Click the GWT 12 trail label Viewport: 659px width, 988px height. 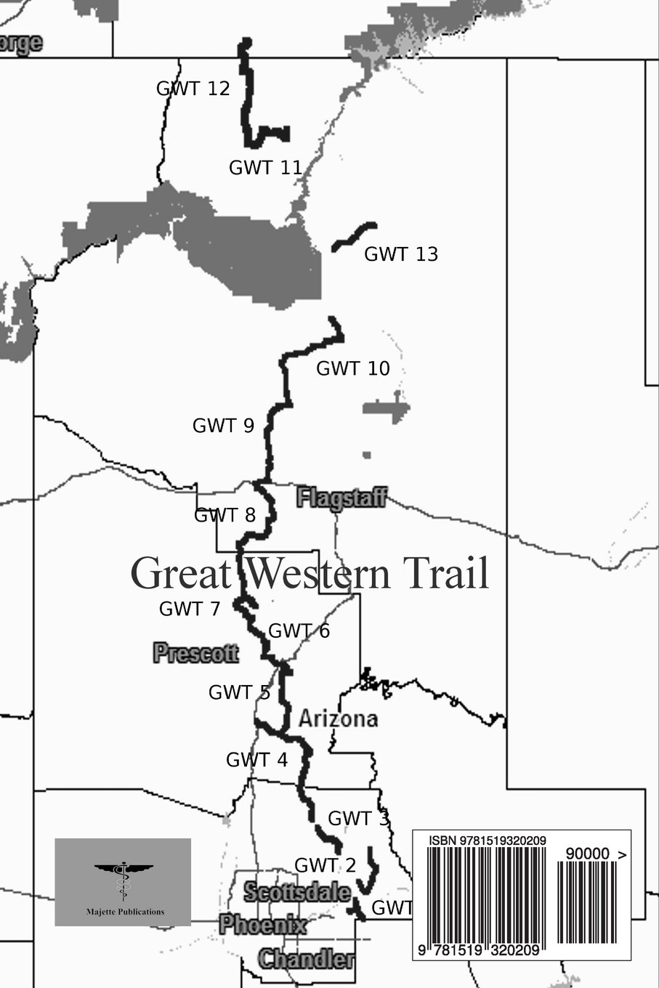click(x=193, y=89)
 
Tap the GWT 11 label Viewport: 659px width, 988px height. click(x=265, y=168)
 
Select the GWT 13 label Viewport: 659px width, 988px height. click(x=401, y=254)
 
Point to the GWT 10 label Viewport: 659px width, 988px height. click(x=353, y=368)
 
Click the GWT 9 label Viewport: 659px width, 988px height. click(x=223, y=426)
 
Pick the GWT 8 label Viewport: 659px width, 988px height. click(x=225, y=516)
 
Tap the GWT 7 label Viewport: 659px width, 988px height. click(x=189, y=609)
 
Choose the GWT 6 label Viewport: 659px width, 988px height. click(x=299, y=631)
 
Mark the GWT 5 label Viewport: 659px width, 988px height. click(x=239, y=693)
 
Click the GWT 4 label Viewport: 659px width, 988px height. click(x=256, y=761)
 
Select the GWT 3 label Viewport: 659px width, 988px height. click(x=358, y=819)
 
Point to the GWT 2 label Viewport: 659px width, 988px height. click(x=325, y=865)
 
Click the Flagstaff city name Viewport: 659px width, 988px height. click(x=341, y=498)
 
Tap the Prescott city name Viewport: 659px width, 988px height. click(x=195, y=653)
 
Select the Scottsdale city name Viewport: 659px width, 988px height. click(x=296, y=892)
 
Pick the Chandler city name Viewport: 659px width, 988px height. click(x=306, y=959)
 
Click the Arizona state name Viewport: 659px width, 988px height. click(x=339, y=719)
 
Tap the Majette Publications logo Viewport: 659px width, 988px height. click(x=123, y=882)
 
